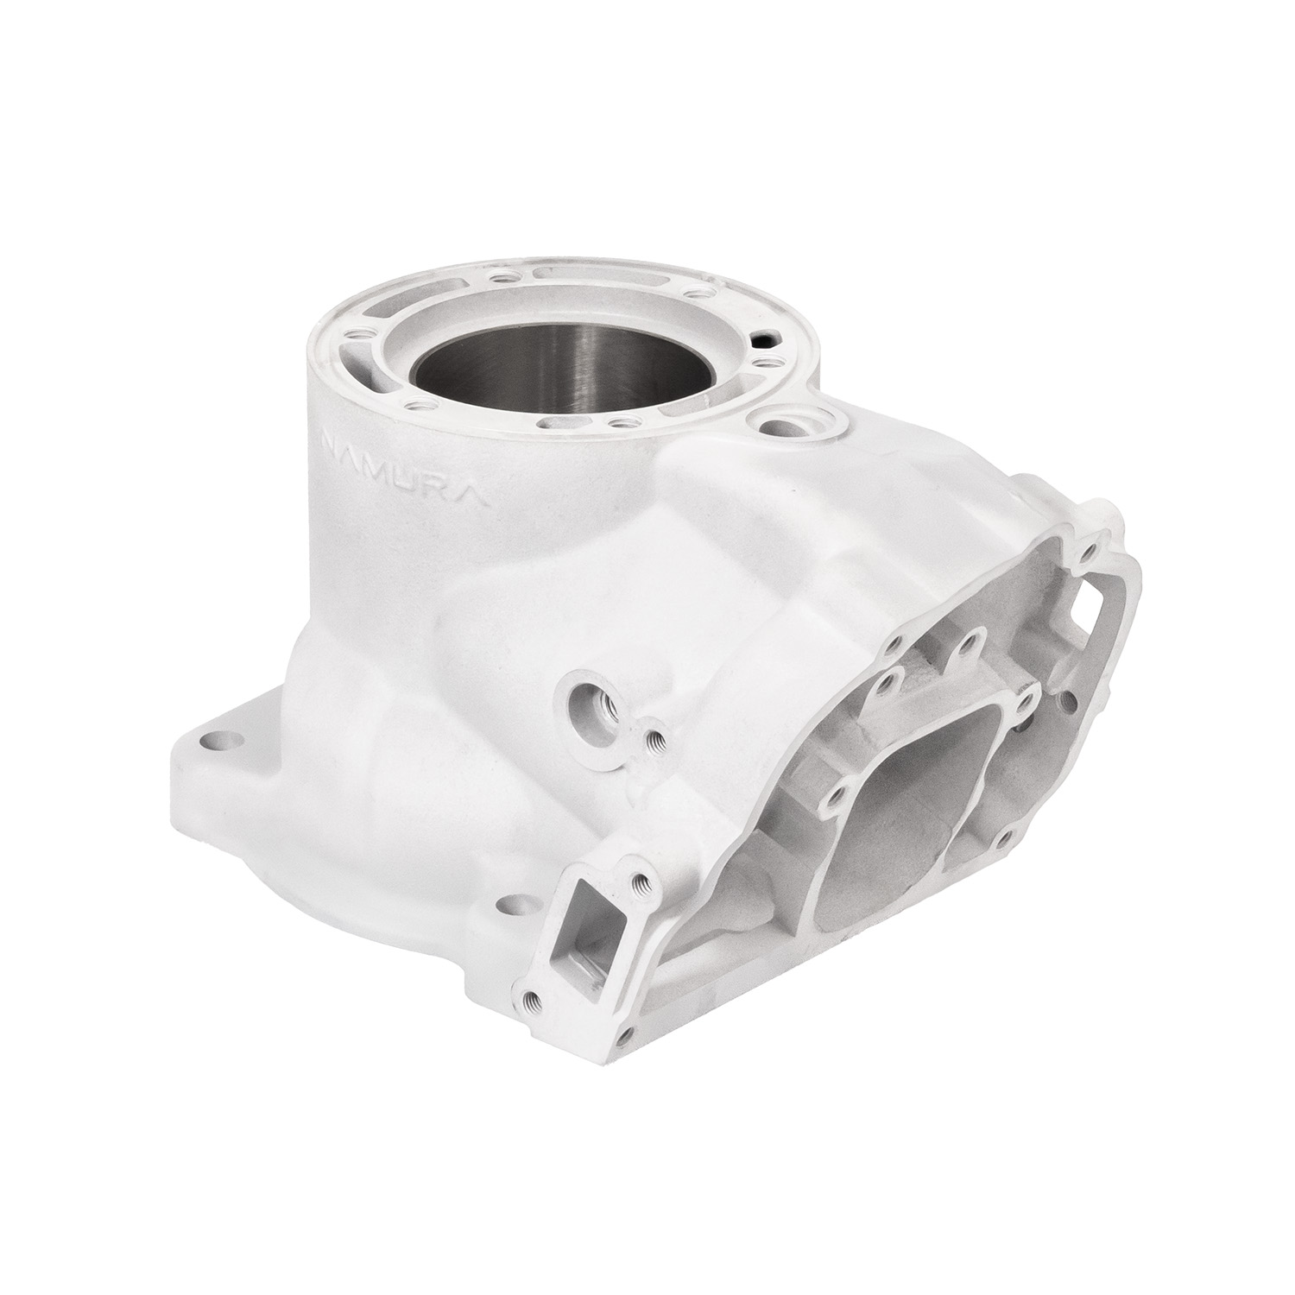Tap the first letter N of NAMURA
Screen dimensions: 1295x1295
click(330, 444)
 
